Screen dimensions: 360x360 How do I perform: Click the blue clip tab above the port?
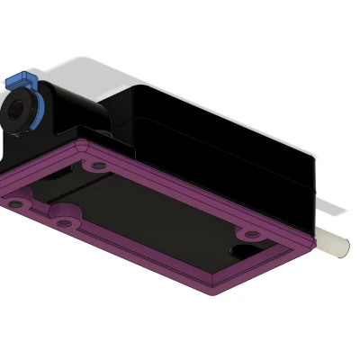point(17,81)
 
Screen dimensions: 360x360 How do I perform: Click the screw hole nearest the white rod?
point(253,235)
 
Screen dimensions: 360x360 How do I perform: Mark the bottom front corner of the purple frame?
point(212,291)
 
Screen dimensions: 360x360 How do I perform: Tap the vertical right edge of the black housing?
point(314,193)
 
